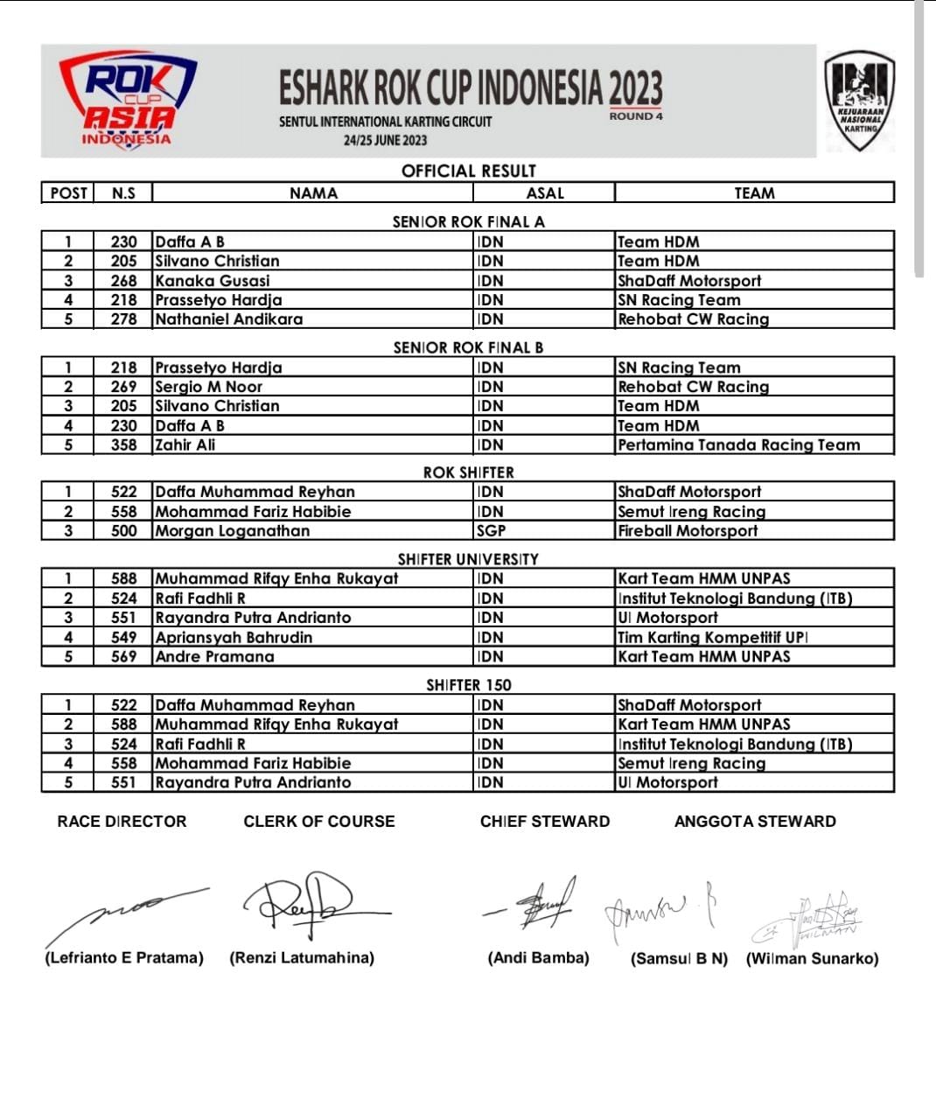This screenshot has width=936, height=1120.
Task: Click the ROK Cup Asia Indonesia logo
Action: [x=128, y=100]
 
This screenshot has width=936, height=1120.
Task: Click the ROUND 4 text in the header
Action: [x=636, y=116]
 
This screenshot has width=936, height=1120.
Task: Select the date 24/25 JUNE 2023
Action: [x=385, y=140]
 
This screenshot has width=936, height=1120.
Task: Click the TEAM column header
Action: [x=754, y=193]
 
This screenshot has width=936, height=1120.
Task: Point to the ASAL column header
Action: [x=545, y=193]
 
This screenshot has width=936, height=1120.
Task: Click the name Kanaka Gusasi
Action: [x=213, y=281]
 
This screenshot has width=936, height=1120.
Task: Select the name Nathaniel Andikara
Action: [x=229, y=319]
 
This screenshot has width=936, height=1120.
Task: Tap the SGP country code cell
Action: [x=492, y=531]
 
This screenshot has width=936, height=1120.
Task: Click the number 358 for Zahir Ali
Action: [x=124, y=445]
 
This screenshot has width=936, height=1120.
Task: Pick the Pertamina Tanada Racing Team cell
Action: [x=738, y=445]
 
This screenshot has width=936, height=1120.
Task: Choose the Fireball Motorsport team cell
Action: [x=688, y=531]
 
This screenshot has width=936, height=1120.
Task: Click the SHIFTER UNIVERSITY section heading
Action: [x=468, y=559]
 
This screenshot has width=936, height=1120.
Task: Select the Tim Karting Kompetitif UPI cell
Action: [x=712, y=638]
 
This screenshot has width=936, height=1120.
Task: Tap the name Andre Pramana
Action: [x=215, y=657]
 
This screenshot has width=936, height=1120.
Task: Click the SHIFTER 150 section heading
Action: [x=468, y=685]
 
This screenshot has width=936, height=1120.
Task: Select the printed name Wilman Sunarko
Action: [x=812, y=959]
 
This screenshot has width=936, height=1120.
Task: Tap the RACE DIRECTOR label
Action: [x=122, y=822]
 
